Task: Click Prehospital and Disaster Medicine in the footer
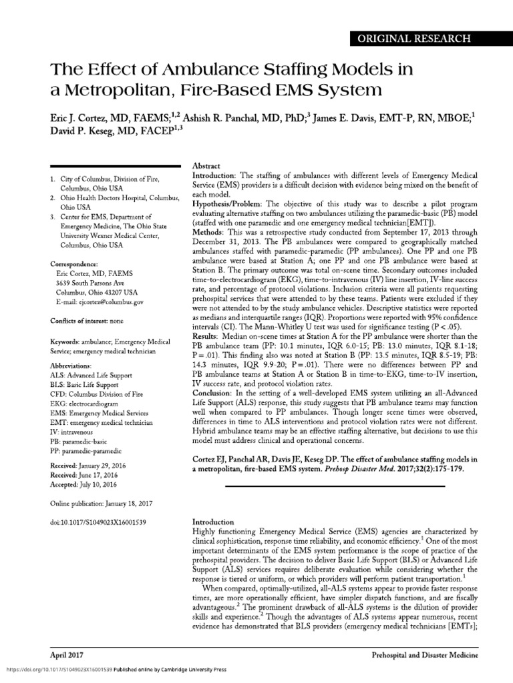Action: [424, 656]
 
